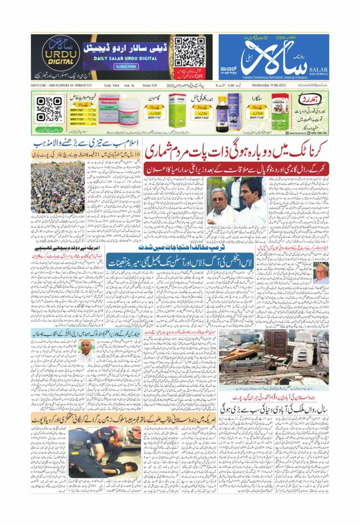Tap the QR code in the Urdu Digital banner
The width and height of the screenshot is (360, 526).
pos(185,51)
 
